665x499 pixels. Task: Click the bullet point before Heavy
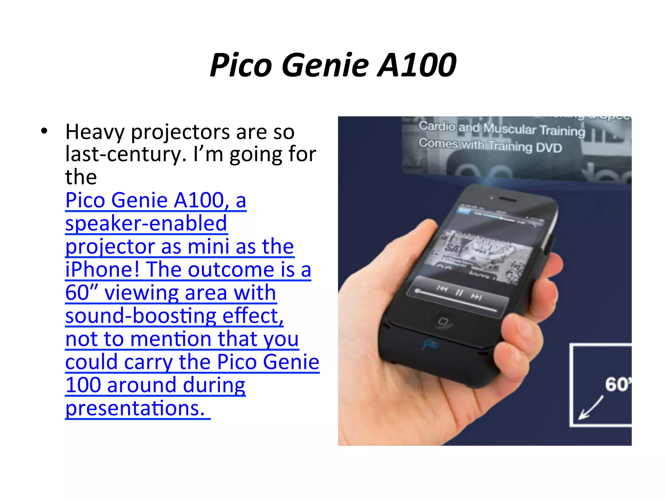coord(44,131)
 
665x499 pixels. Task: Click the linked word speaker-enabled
coord(146,224)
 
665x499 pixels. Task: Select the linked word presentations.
coord(135,408)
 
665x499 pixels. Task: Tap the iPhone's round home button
coord(443,321)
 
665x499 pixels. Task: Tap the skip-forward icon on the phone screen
coord(476,297)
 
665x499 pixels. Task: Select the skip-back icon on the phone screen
coord(442,288)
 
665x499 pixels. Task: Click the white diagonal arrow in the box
coord(591,408)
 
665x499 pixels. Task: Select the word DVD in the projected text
coord(548,148)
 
